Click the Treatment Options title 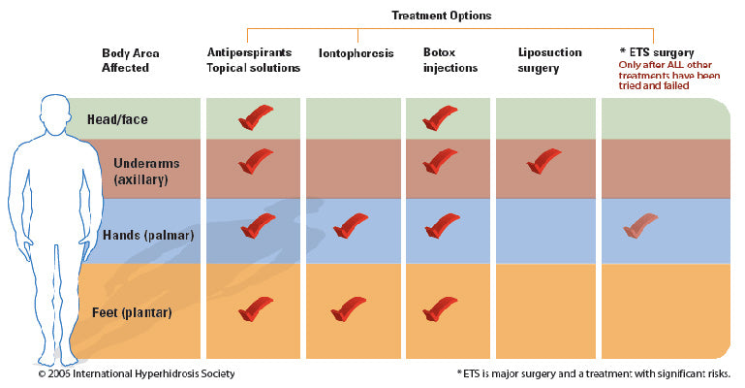(441, 16)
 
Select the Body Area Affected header (131, 60)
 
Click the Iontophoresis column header (356, 53)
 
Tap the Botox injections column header (450, 60)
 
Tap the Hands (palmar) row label (144, 235)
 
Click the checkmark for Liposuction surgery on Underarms (543, 161)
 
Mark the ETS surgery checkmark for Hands (640, 225)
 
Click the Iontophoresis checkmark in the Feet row (349, 308)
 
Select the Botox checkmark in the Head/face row (441, 117)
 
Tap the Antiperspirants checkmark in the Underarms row (256, 161)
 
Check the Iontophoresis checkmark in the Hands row (351, 225)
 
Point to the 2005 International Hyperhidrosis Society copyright (136, 373)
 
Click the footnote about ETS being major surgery (592, 373)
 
